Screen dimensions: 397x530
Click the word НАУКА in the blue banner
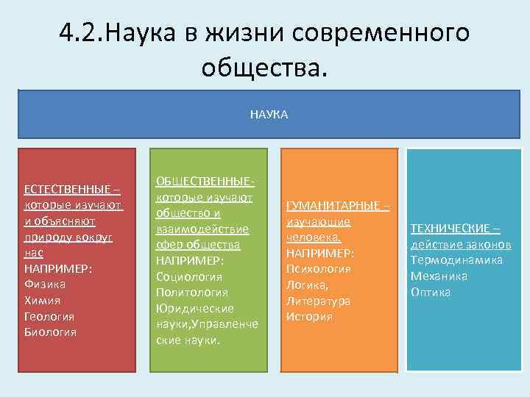coord(269,115)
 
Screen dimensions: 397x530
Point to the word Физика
coord(45,284)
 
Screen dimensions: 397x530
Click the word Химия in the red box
coord(43,300)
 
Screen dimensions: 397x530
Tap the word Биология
coord(50,332)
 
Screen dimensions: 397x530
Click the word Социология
coord(188,276)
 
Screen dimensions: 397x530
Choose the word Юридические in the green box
coord(195,309)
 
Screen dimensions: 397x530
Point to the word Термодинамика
coord(456,260)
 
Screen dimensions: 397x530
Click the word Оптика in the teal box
coord(431,293)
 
